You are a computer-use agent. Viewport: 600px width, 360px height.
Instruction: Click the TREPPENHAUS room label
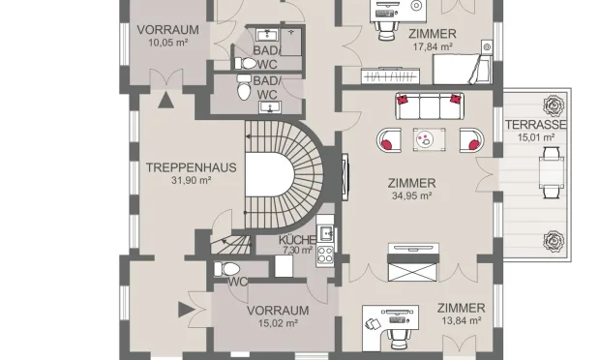(x=192, y=167)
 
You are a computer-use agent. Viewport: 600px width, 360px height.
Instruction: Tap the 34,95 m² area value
(x=411, y=195)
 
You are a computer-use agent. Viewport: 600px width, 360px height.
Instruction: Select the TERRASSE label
(x=536, y=125)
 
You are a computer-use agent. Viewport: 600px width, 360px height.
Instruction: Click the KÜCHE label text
(x=297, y=240)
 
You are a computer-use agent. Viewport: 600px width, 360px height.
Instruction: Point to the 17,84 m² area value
(x=433, y=46)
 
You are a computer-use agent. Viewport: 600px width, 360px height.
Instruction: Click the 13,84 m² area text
(x=462, y=320)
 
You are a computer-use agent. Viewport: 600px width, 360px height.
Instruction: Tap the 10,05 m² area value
(x=168, y=42)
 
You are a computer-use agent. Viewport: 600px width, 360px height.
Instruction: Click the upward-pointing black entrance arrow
(x=165, y=101)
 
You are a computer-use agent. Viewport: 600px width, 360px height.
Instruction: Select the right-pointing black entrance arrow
(x=187, y=310)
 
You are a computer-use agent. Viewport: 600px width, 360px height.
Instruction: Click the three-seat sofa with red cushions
(x=430, y=105)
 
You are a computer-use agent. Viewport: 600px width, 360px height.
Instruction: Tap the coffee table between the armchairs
(x=430, y=139)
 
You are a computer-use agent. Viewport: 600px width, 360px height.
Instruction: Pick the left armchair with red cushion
(x=389, y=139)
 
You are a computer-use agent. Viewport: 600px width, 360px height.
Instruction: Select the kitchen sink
(x=326, y=233)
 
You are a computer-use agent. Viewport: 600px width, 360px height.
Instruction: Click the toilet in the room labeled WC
(x=226, y=269)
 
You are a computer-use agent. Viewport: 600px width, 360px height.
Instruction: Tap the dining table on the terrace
(x=552, y=172)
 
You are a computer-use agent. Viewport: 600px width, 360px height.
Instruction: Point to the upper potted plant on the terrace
(x=554, y=105)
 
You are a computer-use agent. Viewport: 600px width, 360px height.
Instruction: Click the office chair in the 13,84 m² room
(x=399, y=339)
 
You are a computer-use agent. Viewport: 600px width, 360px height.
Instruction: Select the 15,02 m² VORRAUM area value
(x=278, y=323)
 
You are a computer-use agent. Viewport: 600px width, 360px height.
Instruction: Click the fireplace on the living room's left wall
(x=345, y=177)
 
